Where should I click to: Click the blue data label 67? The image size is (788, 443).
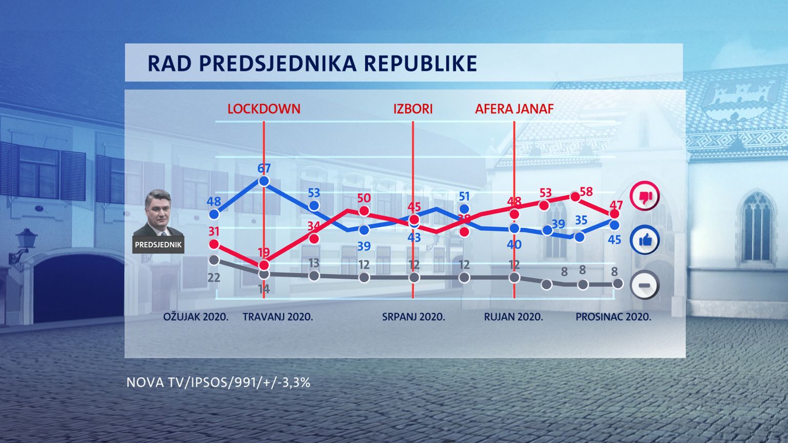click(264, 168)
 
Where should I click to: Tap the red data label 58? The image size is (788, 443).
click(586, 192)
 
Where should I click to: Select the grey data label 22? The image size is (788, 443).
click(213, 277)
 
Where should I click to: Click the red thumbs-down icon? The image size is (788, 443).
click(644, 196)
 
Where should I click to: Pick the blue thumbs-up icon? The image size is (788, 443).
click(644, 240)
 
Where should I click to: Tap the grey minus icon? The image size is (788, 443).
click(644, 285)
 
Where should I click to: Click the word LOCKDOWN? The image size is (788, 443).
click(264, 109)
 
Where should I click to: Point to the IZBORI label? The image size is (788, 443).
click(413, 109)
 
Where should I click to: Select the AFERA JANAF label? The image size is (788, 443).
click(514, 109)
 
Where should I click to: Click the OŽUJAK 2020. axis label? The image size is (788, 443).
click(196, 316)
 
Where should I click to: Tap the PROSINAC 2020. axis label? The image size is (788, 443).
click(613, 316)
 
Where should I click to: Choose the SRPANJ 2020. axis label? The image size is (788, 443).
click(413, 316)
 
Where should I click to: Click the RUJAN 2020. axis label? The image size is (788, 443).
click(514, 316)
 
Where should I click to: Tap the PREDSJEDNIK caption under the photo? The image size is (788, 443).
click(158, 245)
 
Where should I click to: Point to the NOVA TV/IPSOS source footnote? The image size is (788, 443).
click(218, 382)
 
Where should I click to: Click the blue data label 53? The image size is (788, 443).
click(313, 193)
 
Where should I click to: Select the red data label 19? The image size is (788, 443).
click(264, 252)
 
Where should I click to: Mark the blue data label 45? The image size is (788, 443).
click(614, 239)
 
